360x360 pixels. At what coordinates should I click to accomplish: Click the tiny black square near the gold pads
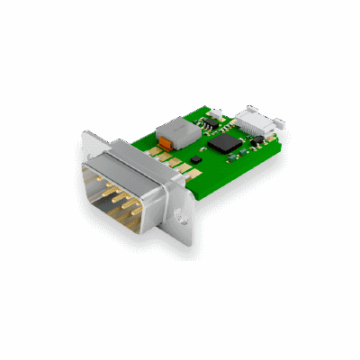[192, 160]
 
